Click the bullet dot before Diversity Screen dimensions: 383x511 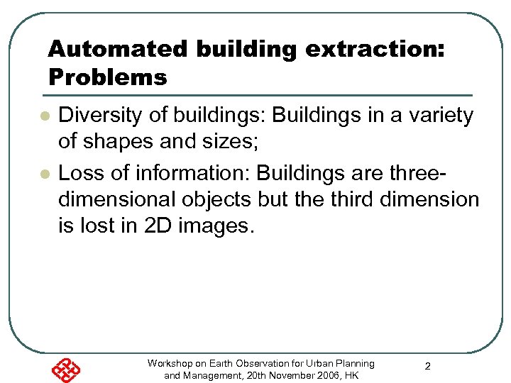[x=44, y=116]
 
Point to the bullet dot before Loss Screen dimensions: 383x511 [x=44, y=173]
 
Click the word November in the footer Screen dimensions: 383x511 [x=292, y=375]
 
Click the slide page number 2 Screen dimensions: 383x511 [x=428, y=367]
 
